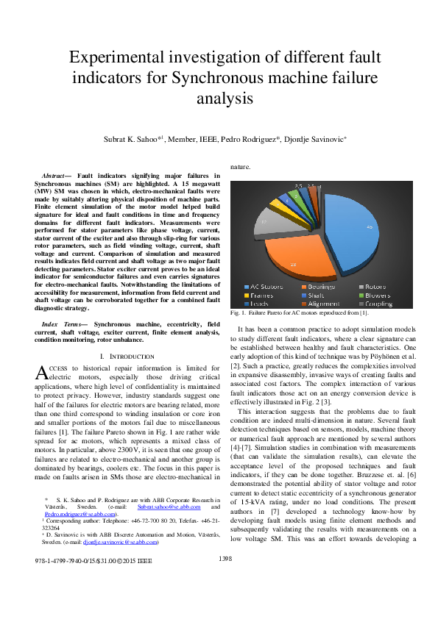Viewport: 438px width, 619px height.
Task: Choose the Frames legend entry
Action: (x=262, y=294)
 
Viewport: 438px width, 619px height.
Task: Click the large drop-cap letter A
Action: (x=41, y=373)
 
